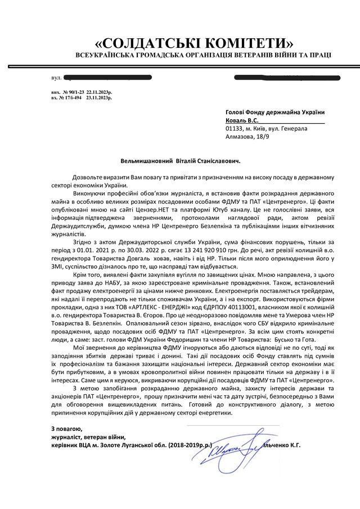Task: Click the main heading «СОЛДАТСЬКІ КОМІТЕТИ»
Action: click(x=194, y=43)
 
